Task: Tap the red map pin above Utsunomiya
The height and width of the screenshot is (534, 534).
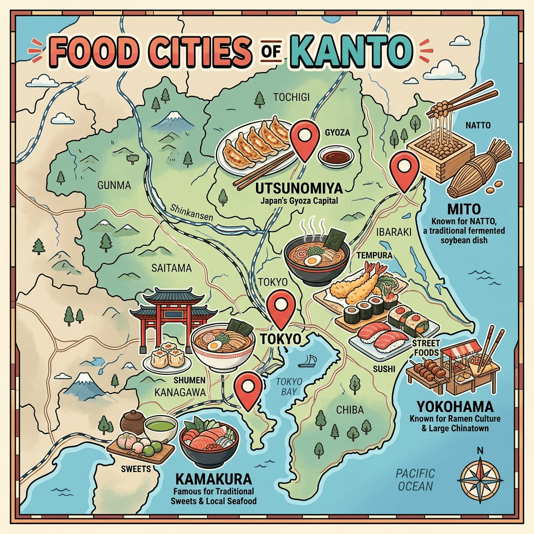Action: (x=304, y=137)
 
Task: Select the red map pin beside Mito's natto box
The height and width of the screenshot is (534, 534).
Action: (x=405, y=170)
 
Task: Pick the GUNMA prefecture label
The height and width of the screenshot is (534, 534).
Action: (x=114, y=185)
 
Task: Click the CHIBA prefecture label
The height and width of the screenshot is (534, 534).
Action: (x=349, y=410)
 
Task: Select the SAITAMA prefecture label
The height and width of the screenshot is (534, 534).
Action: (x=172, y=268)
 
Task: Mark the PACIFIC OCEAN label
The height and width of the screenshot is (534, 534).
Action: (x=415, y=480)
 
